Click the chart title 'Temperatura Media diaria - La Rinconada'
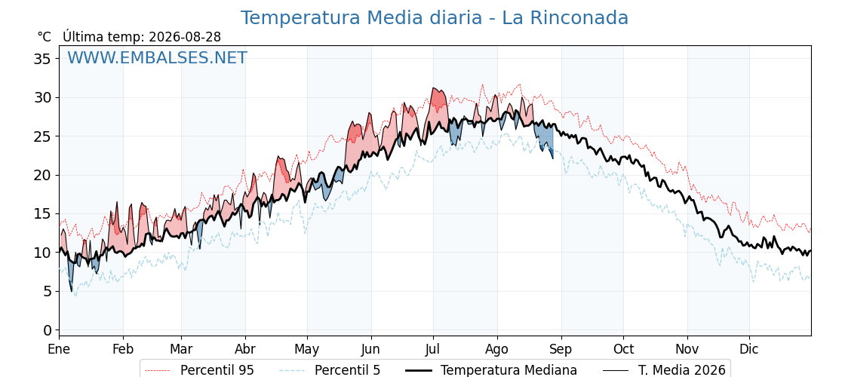435,18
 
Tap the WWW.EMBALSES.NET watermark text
158,57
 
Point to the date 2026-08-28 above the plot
185,37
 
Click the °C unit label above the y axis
45,37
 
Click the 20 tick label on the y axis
43,175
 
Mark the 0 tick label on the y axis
48,330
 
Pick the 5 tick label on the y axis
48,291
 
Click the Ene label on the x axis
60,349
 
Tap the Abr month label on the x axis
245,349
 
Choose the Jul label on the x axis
433,349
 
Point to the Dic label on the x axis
749,349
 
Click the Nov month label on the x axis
687,349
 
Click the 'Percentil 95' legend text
217,370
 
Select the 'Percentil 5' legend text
348,370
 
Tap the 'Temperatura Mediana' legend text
509,370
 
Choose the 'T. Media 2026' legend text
682,370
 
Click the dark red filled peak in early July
439,99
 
